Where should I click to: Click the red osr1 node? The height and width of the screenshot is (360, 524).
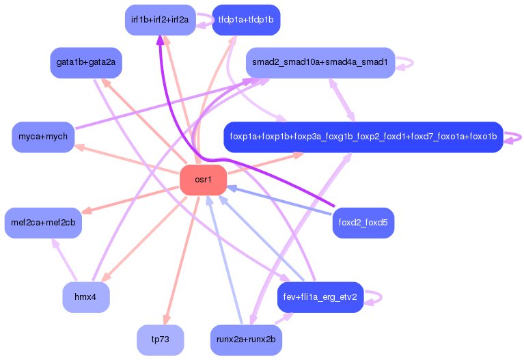click(203, 180)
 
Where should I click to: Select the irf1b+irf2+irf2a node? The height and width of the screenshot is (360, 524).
click(161, 20)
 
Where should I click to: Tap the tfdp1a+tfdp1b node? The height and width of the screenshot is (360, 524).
click(246, 20)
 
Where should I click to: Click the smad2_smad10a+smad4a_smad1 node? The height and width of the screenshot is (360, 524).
click(320, 63)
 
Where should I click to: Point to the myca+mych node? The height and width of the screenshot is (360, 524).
click(43, 137)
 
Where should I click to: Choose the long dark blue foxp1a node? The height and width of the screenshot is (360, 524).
click(363, 137)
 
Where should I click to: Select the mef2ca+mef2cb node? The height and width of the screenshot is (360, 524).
click(43, 223)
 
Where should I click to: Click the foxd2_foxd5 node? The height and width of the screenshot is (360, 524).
click(363, 223)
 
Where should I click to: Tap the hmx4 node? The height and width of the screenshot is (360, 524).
click(86, 297)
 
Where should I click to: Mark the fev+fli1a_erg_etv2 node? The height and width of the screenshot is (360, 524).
click(320, 297)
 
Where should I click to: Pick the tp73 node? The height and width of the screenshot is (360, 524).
click(161, 340)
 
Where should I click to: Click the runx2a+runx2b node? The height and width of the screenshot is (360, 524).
click(246, 340)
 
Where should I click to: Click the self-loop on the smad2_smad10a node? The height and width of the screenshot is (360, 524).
click(406, 62)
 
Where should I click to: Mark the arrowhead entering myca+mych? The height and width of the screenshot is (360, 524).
click(79, 146)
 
